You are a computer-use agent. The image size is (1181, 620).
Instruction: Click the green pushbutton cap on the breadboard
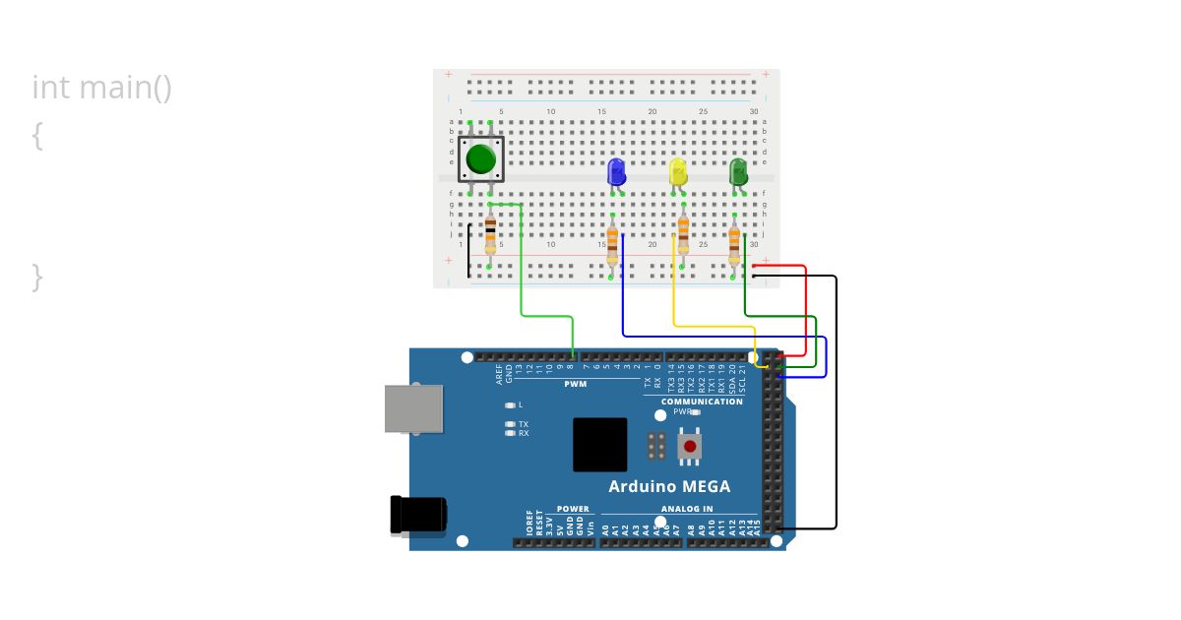[x=480, y=158]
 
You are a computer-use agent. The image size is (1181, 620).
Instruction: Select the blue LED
[x=617, y=172]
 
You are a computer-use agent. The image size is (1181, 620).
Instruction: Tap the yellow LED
[x=678, y=172]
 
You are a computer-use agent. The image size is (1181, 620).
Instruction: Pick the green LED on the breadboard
[x=738, y=172]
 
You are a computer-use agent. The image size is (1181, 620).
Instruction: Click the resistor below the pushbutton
[x=490, y=235]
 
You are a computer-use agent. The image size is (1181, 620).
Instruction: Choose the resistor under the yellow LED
[x=683, y=232]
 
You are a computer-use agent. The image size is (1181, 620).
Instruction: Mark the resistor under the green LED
[x=734, y=243]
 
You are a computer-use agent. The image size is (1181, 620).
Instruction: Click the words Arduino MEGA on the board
[x=669, y=486]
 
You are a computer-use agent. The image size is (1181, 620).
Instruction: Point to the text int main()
[x=102, y=88]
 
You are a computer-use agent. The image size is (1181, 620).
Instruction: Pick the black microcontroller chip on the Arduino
[x=600, y=445]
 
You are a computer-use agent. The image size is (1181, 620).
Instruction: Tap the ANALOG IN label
[x=687, y=509]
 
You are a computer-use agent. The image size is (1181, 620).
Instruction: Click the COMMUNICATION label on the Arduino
[x=702, y=402]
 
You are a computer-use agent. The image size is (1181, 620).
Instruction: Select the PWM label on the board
[x=576, y=384]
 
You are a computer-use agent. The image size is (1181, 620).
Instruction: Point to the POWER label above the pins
[x=573, y=509]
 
